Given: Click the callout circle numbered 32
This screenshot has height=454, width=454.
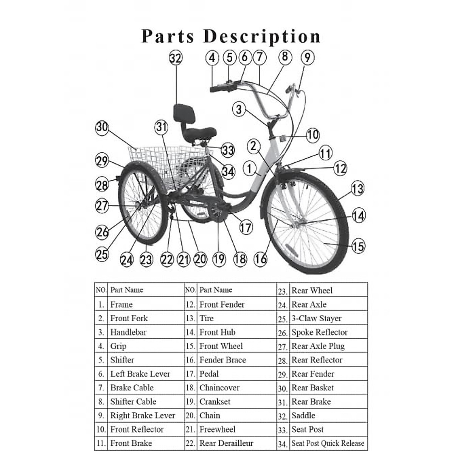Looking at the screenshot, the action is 176,58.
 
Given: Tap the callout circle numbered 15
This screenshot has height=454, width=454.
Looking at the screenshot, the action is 358,246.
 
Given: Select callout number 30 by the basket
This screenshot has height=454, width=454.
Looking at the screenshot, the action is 102,127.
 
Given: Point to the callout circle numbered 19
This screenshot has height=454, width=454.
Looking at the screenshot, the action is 219,259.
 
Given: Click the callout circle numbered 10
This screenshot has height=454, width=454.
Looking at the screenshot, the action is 313,135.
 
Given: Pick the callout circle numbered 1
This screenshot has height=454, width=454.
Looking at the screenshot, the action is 249,168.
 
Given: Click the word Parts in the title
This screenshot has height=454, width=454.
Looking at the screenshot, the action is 168,37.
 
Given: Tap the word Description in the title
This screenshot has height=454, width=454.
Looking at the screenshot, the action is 262,37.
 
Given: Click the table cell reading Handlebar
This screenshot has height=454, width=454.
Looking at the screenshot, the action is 128,332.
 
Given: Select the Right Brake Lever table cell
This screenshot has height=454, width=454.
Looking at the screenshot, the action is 143,415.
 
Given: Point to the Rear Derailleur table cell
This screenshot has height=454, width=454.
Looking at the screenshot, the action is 226,443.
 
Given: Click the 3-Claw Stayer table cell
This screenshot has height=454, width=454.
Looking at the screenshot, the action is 316,319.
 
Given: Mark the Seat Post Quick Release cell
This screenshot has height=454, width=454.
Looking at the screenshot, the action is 328,443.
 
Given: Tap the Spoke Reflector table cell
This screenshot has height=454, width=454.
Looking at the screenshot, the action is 319,332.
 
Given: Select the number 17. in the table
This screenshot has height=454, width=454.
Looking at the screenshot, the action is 190,374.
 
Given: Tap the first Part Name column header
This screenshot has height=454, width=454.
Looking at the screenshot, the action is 127,290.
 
